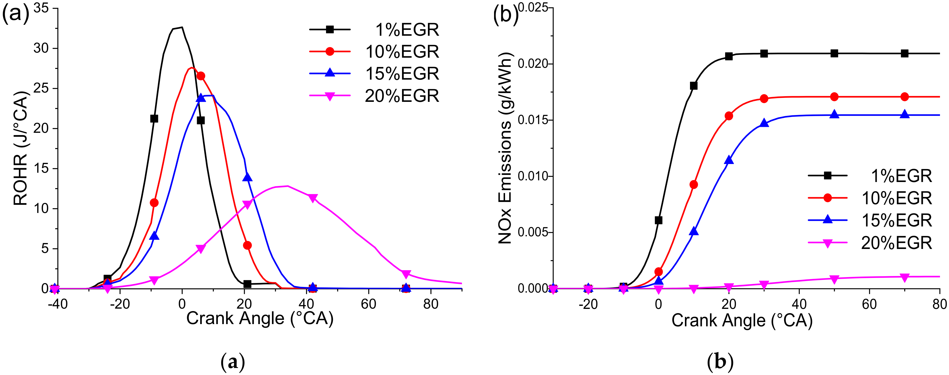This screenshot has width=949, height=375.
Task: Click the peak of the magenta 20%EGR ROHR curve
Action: coord(287,186)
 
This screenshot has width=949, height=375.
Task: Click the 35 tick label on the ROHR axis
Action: coord(41,8)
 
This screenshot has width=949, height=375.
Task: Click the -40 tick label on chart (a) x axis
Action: coord(58,305)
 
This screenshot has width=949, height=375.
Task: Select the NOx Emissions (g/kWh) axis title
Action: coord(505,148)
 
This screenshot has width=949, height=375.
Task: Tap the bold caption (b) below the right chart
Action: coord(720,362)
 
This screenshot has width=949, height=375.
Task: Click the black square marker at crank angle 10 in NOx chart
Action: coord(694,86)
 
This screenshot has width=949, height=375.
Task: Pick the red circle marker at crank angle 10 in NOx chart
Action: coord(694,184)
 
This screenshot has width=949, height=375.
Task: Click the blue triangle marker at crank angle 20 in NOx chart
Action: coord(729,160)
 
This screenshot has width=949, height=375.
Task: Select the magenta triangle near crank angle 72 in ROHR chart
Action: coord(406,274)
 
